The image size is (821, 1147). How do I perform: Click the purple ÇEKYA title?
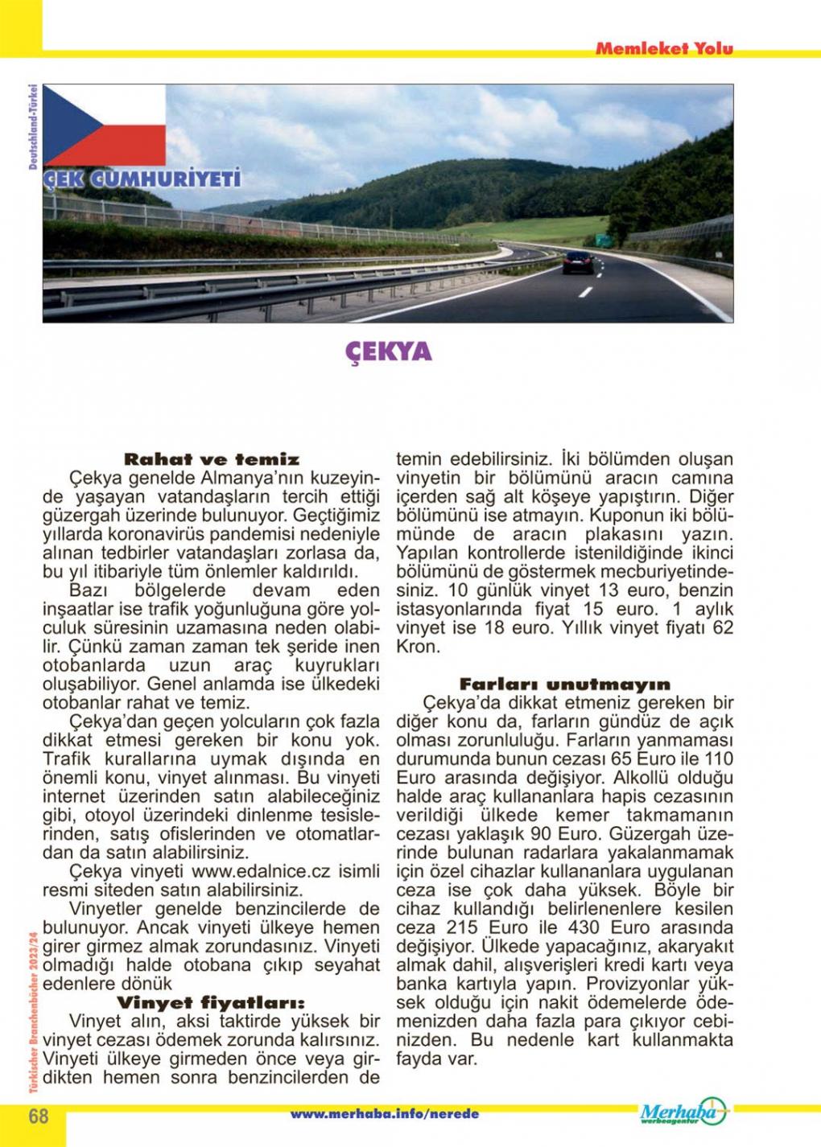click(x=389, y=351)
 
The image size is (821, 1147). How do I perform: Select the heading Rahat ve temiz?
click(x=212, y=460)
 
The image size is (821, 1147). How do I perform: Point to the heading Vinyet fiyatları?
click(x=212, y=1004)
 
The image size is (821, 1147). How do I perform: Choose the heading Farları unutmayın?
click(x=565, y=684)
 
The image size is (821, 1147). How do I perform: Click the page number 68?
click(x=38, y=1116)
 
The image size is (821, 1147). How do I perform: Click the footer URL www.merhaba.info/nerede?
click(x=384, y=1114)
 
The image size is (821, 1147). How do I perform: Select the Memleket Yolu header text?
click(x=664, y=48)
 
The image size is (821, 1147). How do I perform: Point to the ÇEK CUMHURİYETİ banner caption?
click(x=142, y=179)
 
